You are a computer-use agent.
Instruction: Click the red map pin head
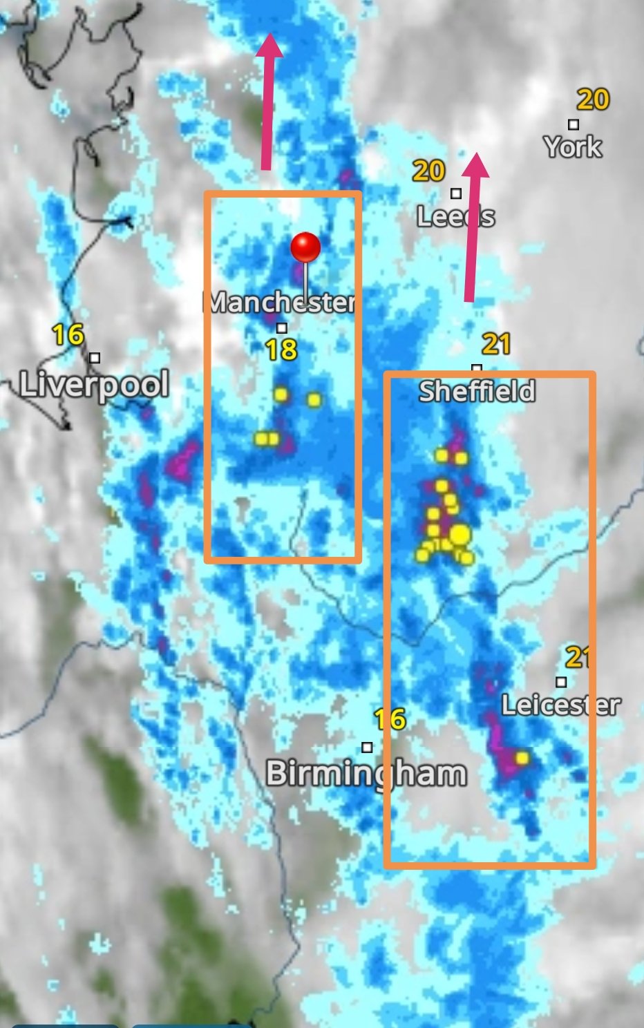coord(305,247)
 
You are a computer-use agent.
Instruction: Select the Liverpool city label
coord(94,384)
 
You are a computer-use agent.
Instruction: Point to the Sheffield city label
coord(477,392)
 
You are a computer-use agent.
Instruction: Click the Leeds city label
coord(455,217)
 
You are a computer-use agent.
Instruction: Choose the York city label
coord(572,146)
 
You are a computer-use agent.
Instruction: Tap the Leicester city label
coord(560,705)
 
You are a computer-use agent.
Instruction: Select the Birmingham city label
coord(366,773)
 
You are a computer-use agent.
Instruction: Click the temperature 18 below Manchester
coord(282,350)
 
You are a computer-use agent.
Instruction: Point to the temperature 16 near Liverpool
coord(68,335)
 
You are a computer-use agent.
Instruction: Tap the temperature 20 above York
coord(593,100)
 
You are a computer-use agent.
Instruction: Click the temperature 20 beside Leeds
coord(428,171)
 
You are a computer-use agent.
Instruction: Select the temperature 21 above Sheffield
coord(496,343)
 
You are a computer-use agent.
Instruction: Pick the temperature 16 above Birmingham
coord(390,720)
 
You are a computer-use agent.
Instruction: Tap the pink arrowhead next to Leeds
coord(475,165)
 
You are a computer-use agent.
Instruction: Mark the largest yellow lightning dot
coord(460,534)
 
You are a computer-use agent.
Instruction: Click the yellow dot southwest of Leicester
coord(522,758)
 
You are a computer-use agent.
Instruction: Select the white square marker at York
coord(574,124)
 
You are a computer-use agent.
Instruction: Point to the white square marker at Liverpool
coord(95,358)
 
